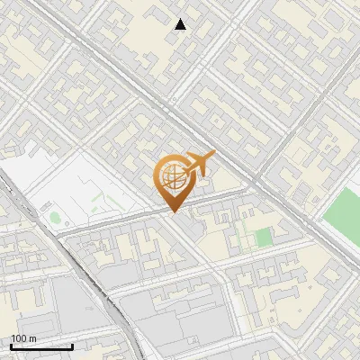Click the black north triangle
181,24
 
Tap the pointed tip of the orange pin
172,212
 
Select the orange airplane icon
199,165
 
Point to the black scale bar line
41,346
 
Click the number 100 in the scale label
19,338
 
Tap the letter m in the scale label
32,338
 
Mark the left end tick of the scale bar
11,345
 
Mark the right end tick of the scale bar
72,345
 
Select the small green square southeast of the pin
262,238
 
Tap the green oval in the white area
55,217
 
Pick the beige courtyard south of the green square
261,270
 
